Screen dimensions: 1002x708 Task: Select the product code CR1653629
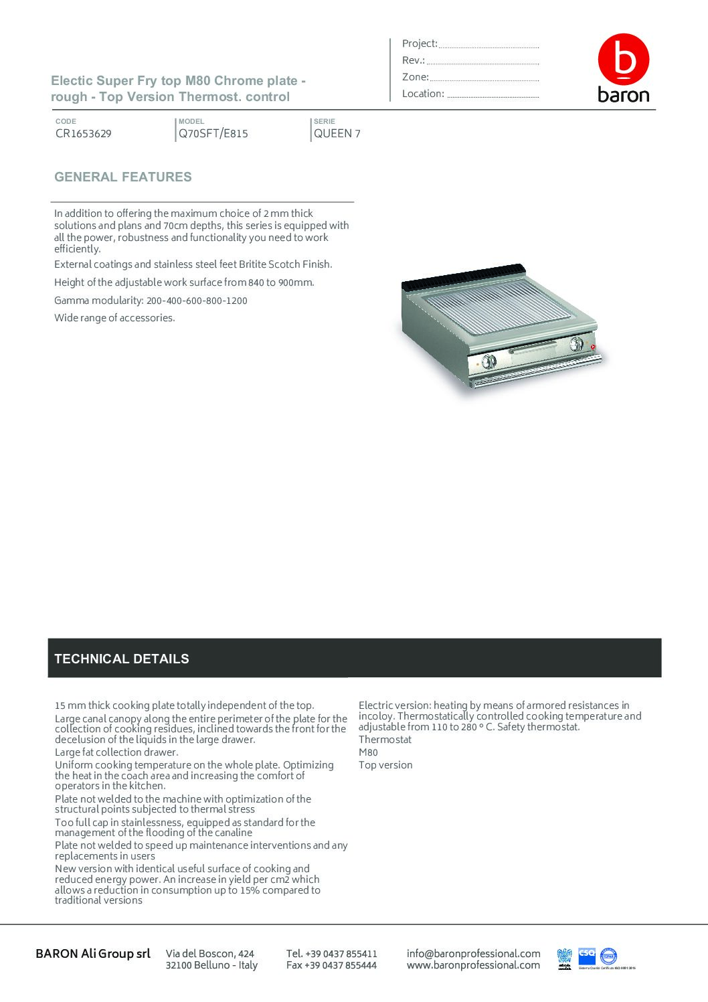(84, 133)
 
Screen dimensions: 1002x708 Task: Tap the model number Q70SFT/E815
(213, 133)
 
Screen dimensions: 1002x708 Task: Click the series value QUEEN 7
(337, 133)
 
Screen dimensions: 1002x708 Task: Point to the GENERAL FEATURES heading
(123, 177)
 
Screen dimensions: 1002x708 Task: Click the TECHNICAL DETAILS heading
(122, 659)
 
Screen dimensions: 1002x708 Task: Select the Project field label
(420, 44)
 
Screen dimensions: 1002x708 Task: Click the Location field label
(423, 94)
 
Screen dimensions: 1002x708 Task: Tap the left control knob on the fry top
(489, 361)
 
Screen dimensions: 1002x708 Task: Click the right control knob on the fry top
(576, 344)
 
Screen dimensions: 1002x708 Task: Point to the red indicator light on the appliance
(593, 347)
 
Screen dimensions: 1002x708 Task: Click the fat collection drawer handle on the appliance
(533, 349)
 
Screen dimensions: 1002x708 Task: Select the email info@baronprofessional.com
(473, 953)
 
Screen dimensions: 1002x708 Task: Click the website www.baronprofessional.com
(473, 965)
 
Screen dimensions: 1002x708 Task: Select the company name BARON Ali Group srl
(93, 953)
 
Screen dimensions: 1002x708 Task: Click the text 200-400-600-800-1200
(197, 301)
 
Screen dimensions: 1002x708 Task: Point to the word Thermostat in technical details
(385, 740)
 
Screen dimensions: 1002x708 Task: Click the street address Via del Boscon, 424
(210, 953)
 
